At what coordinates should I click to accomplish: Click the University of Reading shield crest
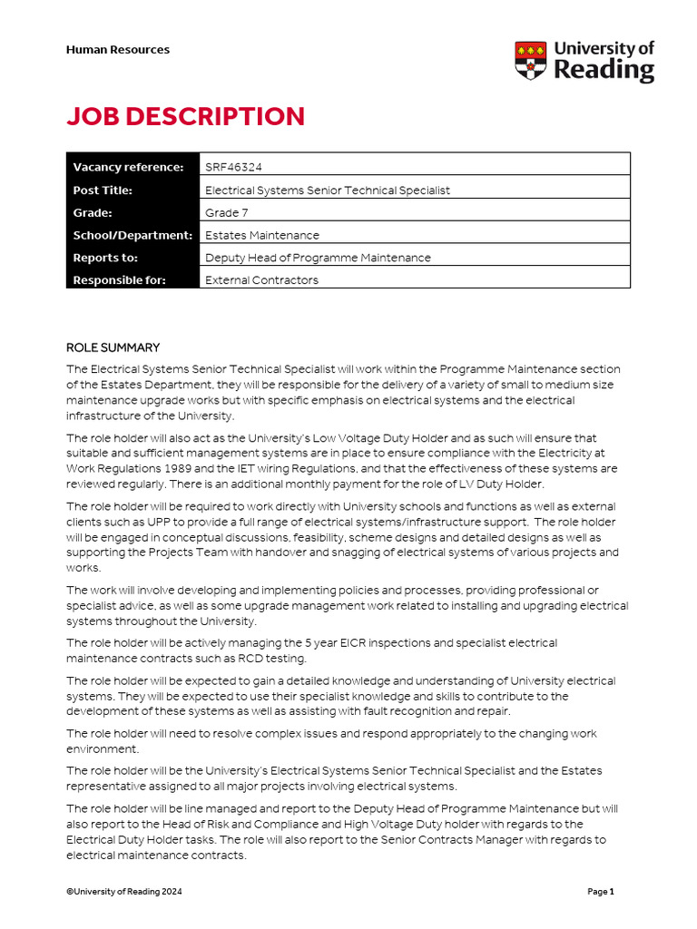pos(531,60)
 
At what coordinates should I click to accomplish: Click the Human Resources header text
pos(118,50)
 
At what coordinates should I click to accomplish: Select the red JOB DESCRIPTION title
pos(185,116)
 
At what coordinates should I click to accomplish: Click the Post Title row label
pos(103,191)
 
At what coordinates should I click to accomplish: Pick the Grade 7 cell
pos(228,212)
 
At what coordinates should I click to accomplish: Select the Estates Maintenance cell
pos(262,235)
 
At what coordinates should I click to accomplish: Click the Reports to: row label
pos(104,258)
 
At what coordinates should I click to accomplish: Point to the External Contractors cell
pos(261,280)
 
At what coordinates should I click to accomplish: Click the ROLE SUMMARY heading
pos(113,347)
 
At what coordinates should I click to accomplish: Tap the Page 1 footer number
pos(601,892)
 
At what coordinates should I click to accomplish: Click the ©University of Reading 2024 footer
pos(124,892)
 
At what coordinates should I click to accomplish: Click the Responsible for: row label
pos(120,280)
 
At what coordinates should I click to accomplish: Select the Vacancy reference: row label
pos(128,167)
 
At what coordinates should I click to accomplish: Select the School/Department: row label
pos(133,235)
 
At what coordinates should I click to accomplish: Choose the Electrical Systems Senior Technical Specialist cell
pos(328,191)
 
